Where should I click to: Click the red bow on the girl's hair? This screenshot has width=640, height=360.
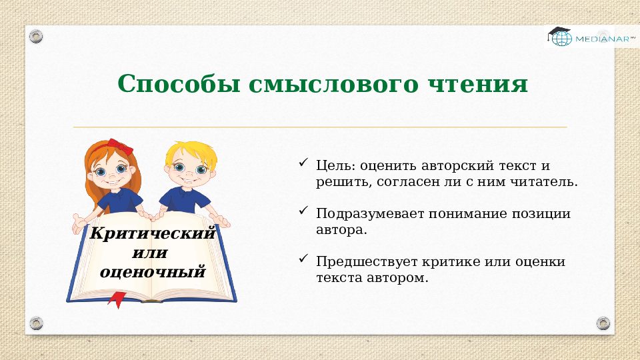click(121, 145)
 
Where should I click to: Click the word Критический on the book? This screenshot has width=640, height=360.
click(153, 234)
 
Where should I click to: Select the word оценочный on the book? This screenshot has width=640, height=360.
click(152, 271)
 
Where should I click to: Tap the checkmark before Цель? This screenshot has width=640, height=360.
click(303, 163)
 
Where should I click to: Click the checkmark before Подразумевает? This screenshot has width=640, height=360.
click(303, 211)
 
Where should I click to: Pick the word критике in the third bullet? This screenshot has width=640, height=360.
click(462, 261)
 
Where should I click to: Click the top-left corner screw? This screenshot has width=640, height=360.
click(36, 35)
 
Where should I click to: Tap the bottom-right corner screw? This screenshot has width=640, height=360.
click(603, 323)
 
